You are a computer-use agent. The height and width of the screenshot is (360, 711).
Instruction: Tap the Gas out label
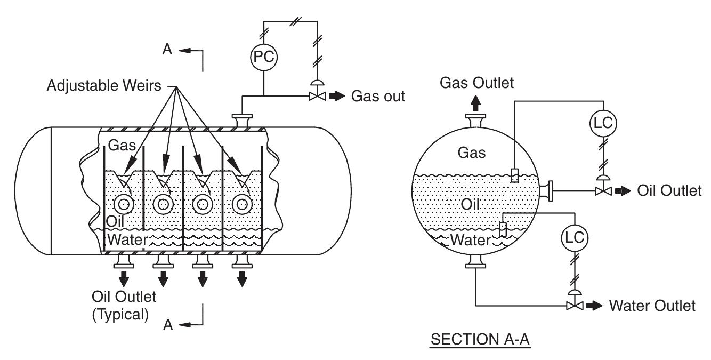[x=378, y=97]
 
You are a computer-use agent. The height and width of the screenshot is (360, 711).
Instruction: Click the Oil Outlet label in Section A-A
[x=669, y=191]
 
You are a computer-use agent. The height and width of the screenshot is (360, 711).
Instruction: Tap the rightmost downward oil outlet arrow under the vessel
[x=243, y=277]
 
